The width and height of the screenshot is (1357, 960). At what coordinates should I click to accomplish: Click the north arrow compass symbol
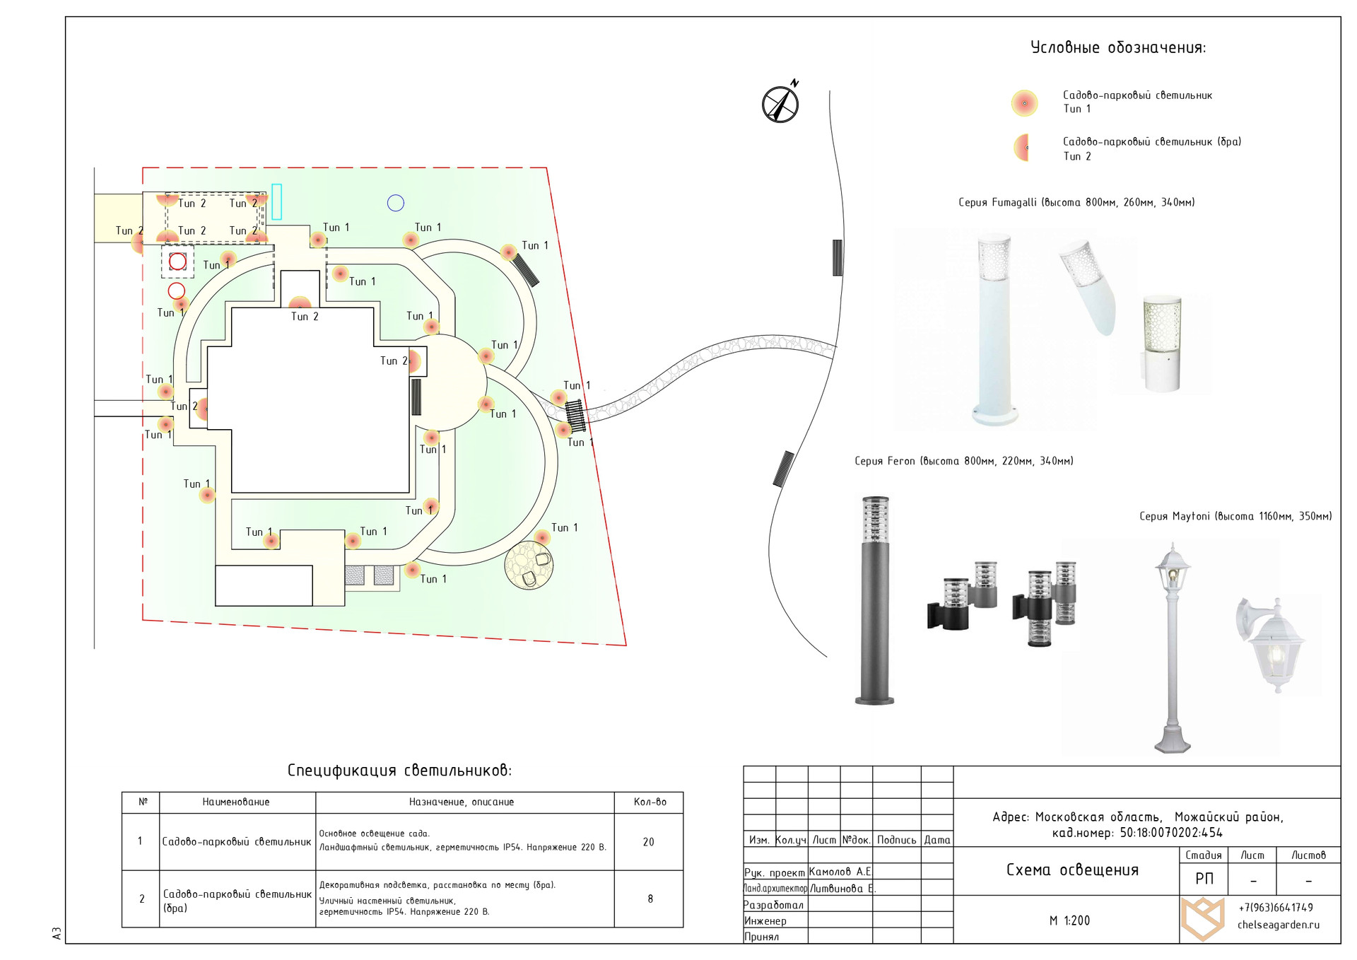pos(780,104)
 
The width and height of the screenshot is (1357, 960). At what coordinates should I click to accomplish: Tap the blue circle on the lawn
pos(396,204)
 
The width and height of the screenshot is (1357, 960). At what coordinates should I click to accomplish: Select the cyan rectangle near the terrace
pos(276,201)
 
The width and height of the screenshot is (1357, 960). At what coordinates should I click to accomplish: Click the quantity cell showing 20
pos(649,842)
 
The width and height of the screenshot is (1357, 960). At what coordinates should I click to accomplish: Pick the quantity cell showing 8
pos(650,899)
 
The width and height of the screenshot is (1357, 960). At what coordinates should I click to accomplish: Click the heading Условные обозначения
pos(1118,48)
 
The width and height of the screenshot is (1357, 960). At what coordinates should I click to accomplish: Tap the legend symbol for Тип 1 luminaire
pos(1024,103)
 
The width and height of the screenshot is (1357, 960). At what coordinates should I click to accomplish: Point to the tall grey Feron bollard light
pos(875,601)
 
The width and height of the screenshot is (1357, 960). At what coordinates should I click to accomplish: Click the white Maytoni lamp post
pos(1173,647)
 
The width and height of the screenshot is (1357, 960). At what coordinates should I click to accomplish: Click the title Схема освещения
pos(1072,870)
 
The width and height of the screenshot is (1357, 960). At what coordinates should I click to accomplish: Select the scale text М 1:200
pos(1069,920)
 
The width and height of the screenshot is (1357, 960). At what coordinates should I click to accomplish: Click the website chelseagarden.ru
pos(1278,925)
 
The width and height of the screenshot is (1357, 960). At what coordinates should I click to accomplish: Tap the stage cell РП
pos(1204,879)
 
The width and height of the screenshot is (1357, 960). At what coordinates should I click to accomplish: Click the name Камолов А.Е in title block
pos(840,872)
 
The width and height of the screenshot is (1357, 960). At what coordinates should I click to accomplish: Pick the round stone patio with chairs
pos(529,566)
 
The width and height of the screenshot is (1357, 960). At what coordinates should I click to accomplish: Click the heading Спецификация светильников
pos(399,771)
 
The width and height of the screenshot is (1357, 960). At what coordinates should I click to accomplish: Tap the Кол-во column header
pos(650,802)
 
